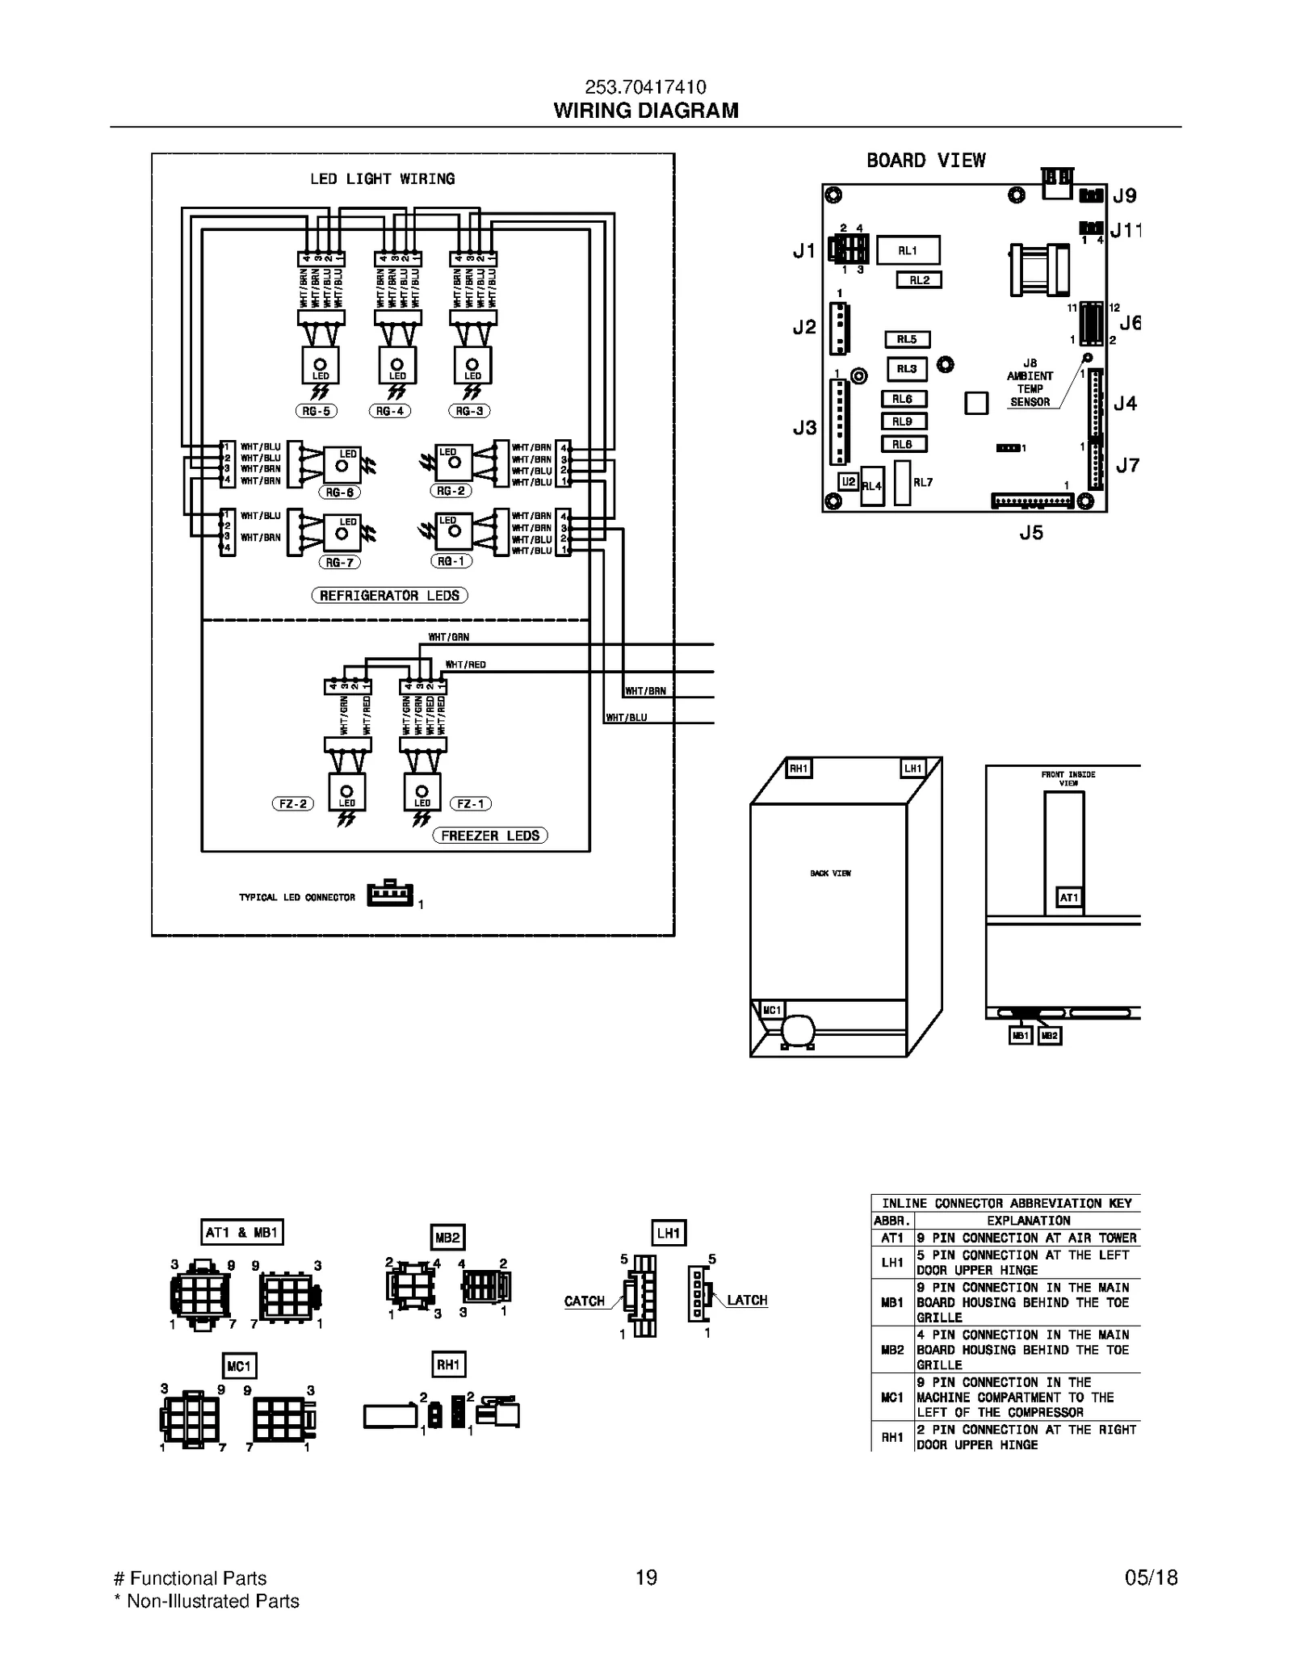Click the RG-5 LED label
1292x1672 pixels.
(x=316, y=411)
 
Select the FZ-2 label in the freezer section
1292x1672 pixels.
(x=292, y=804)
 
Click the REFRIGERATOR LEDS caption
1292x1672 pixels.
(x=389, y=596)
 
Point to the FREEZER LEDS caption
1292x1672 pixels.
(x=490, y=836)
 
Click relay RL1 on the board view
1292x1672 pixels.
(x=908, y=250)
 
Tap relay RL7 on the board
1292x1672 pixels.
(x=903, y=483)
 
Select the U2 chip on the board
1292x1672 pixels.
(x=848, y=482)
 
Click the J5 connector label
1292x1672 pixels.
(x=1031, y=533)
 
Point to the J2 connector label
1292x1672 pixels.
(x=804, y=327)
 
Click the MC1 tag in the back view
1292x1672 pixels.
(x=772, y=1010)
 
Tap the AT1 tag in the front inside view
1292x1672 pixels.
(x=1068, y=898)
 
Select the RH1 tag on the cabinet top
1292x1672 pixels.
(x=799, y=769)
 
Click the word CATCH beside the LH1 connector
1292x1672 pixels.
(x=585, y=1301)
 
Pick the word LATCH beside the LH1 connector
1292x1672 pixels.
(x=747, y=1300)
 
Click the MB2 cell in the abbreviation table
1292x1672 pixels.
(x=892, y=1350)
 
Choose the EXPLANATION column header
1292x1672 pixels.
(x=1028, y=1221)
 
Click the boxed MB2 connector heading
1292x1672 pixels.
(x=447, y=1238)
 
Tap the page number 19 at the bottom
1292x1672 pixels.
(x=646, y=1578)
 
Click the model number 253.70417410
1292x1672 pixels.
(x=645, y=87)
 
